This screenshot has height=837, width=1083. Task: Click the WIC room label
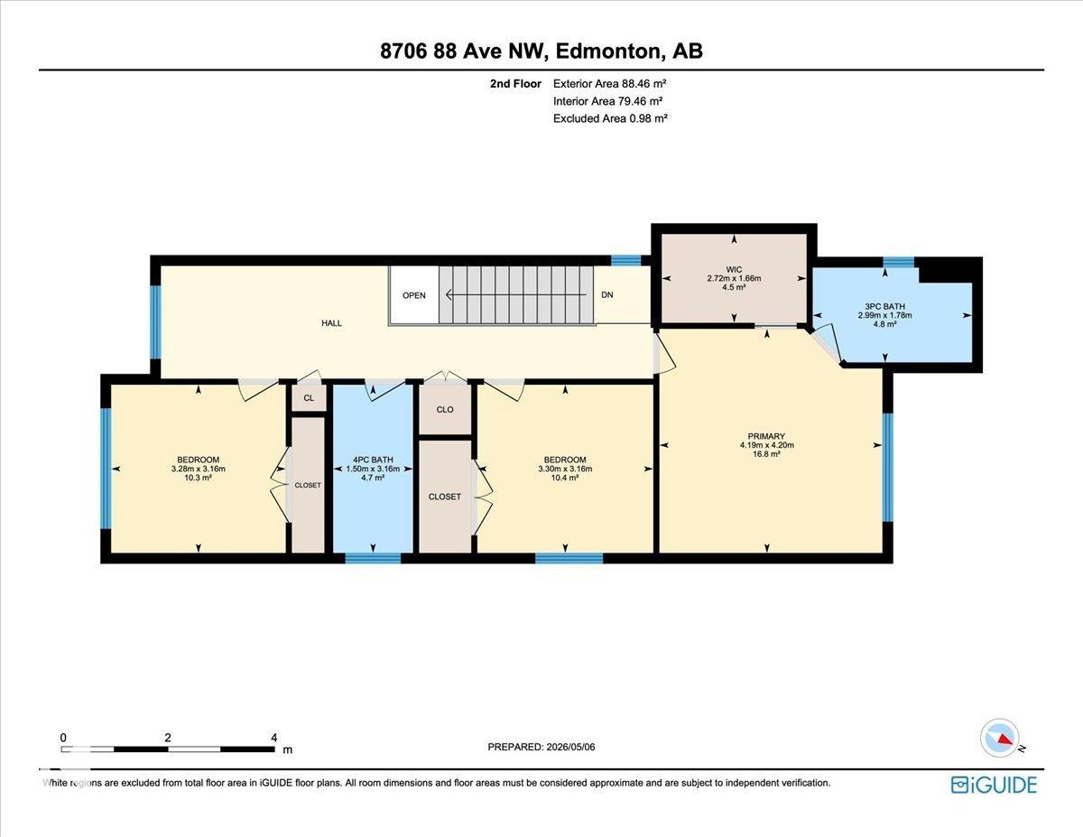click(x=734, y=270)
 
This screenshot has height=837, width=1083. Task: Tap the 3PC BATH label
click(x=884, y=307)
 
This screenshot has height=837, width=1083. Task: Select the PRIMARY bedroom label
click(x=766, y=436)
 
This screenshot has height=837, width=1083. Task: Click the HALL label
click(x=331, y=323)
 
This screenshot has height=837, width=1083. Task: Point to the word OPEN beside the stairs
click(x=414, y=295)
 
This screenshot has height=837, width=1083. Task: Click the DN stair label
click(x=607, y=295)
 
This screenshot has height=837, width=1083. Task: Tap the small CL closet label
click(x=309, y=398)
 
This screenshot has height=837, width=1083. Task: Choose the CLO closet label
click(x=445, y=410)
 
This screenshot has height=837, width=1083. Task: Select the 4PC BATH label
click(x=373, y=460)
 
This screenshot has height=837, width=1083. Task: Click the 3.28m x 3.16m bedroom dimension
click(x=199, y=469)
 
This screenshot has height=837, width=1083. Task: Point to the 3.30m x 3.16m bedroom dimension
click(x=565, y=469)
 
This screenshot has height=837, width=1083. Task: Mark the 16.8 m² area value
click(x=766, y=454)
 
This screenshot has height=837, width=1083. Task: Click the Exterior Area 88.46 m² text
click(x=609, y=84)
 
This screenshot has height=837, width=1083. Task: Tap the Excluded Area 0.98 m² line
click(x=610, y=118)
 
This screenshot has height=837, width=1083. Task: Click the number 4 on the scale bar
click(x=273, y=738)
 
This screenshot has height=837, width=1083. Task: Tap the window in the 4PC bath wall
click(x=373, y=558)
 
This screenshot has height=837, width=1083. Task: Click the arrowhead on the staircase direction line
click(x=448, y=295)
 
